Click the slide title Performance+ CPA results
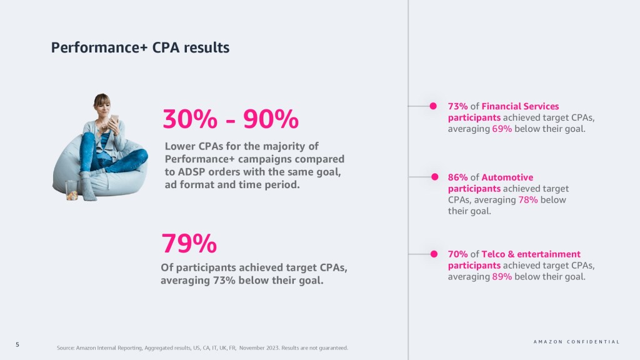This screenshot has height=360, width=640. (x=140, y=47)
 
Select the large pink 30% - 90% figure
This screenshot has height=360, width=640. (x=231, y=118)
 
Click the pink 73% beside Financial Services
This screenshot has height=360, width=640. (x=458, y=106)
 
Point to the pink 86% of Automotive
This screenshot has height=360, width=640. (x=458, y=177)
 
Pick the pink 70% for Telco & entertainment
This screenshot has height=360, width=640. (x=458, y=254)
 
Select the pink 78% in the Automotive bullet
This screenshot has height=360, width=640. (x=528, y=200)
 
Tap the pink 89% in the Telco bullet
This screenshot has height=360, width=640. (x=502, y=277)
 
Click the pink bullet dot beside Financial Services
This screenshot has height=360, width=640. (x=432, y=106)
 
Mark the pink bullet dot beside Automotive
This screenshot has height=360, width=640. (x=432, y=177)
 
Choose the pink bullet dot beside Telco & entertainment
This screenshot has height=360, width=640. (x=432, y=254)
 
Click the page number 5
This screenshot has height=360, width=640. (x=17, y=344)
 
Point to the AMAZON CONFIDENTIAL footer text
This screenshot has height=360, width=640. (x=576, y=342)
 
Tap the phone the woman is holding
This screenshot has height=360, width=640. (x=114, y=118)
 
